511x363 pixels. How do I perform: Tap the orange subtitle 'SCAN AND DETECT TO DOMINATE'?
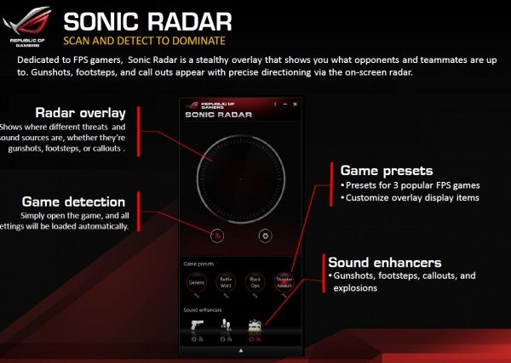point(146,41)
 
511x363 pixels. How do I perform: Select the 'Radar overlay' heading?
point(81,112)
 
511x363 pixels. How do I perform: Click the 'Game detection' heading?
point(76,201)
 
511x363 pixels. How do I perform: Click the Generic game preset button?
point(197,281)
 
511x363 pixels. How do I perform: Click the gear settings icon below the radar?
point(265,236)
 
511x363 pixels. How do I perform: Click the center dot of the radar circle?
point(241,179)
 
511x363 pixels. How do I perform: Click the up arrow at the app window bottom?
point(241,349)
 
